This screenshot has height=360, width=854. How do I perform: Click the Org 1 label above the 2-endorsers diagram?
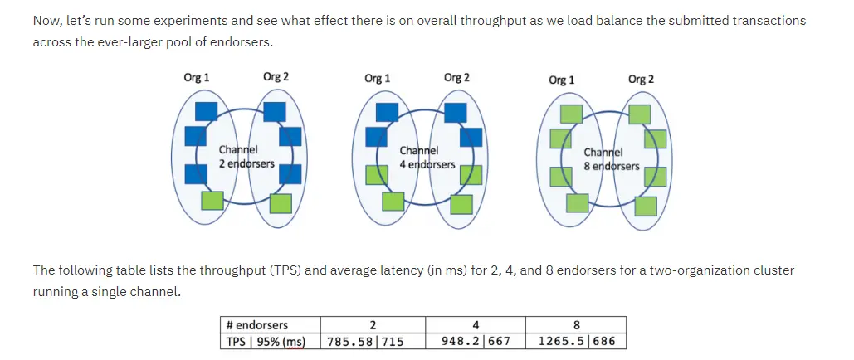click(196, 78)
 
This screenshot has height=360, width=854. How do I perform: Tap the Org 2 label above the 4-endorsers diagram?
click(456, 78)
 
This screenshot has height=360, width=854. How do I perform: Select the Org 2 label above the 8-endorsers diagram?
click(641, 80)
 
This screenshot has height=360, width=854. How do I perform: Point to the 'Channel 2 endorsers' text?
click(246, 157)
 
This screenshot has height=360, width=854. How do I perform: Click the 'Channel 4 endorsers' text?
click(427, 158)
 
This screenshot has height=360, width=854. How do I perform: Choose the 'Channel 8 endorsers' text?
click(612, 159)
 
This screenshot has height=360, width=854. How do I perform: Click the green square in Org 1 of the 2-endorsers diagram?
click(212, 200)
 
